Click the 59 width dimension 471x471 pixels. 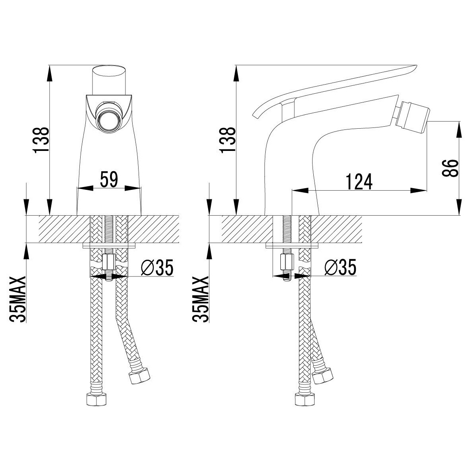pos(109,180)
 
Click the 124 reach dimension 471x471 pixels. pos(359,181)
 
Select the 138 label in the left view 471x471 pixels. pos(41,140)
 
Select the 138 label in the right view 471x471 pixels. pos(228,140)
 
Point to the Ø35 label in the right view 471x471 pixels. pos(340,267)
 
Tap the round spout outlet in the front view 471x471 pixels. pos(109,117)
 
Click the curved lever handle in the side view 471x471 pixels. pos(334,90)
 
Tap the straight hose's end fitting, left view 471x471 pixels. pos(97,399)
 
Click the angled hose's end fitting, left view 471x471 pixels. pos(139,376)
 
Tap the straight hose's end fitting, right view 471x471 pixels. pos(305,399)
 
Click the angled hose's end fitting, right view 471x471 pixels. pos(322,375)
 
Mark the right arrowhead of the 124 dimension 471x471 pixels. pos(419,191)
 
